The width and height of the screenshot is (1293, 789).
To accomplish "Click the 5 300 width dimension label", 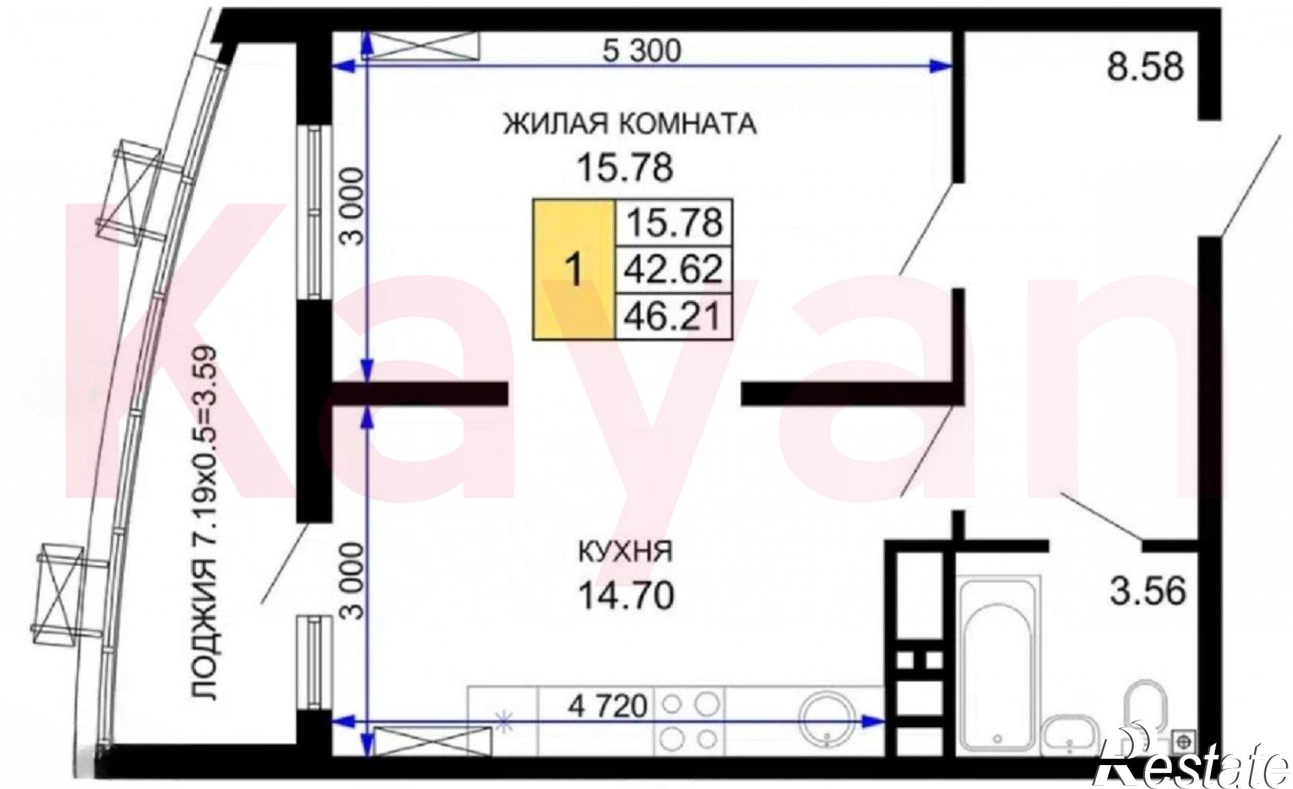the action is (641, 50).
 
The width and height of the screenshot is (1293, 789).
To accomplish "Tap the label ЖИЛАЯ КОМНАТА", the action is (630, 124).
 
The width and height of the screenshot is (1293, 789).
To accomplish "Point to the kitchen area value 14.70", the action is (626, 596).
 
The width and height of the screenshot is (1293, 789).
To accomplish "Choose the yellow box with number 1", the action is (573, 270).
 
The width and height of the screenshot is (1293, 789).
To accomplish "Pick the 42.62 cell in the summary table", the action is (673, 269).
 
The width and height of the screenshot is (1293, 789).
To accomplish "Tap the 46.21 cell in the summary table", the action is (673, 316).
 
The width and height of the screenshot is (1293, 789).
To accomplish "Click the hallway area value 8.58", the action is (1146, 67).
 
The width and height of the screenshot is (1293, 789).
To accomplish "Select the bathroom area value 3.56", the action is (1148, 592).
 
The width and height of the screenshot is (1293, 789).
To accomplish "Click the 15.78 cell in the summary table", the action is (673, 222).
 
